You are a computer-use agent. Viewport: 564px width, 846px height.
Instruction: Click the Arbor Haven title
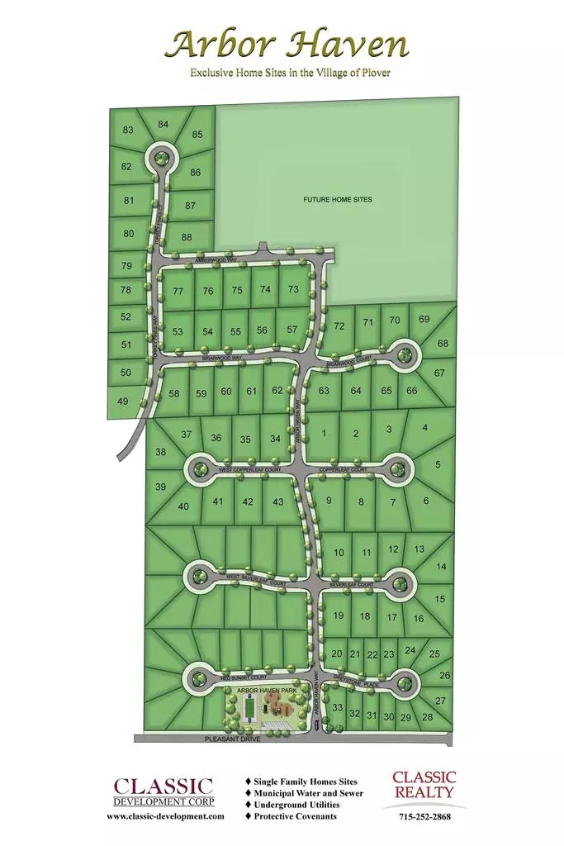tap(287, 44)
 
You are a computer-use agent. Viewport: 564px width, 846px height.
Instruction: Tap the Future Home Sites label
tap(337, 200)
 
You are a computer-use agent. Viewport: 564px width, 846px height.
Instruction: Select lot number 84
tap(164, 125)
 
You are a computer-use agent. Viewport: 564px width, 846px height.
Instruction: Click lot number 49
tap(123, 401)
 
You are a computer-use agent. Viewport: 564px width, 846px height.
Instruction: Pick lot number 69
tap(424, 319)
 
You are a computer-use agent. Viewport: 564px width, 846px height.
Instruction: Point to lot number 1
tap(325, 433)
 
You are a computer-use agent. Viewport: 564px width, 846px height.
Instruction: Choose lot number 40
tap(183, 506)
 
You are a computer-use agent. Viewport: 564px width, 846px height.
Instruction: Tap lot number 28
tap(427, 716)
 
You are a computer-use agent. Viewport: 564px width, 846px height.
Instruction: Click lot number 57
tap(291, 330)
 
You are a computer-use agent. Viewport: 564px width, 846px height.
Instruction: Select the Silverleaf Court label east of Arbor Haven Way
tap(352, 584)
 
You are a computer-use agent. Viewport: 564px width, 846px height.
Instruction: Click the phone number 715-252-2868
tap(424, 815)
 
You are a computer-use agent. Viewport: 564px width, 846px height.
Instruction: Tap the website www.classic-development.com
tap(165, 815)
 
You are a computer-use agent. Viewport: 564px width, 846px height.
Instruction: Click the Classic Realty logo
tap(424, 784)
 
